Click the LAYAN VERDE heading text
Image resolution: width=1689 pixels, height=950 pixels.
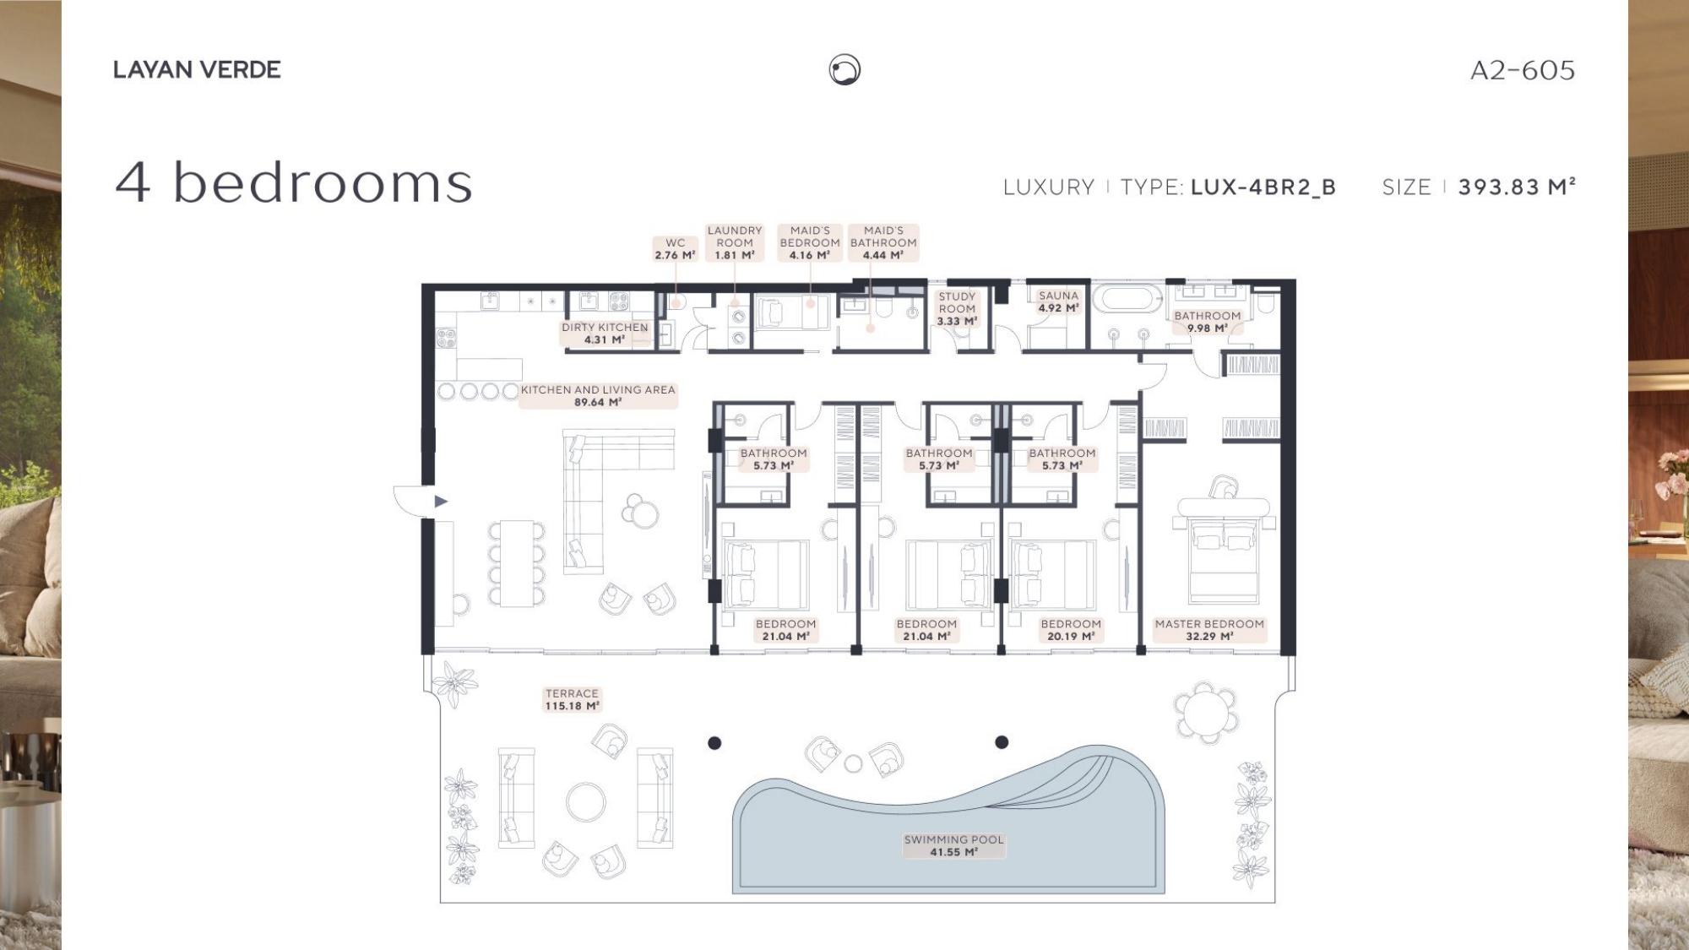(197, 69)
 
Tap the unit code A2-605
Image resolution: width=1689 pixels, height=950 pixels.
(1523, 70)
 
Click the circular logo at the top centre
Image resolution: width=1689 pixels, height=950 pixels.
(844, 69)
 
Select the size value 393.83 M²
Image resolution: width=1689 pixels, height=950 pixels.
(1517, 187)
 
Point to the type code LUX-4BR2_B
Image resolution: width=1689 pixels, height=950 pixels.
(1263, 187)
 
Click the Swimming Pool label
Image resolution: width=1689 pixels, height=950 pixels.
(954, 846)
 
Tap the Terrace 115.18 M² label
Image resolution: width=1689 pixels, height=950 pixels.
(572, 700)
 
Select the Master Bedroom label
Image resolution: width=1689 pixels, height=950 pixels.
(1209, 630)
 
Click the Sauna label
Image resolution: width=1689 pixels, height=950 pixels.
(1058, 301)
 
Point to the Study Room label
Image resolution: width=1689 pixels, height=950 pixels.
(957, 309)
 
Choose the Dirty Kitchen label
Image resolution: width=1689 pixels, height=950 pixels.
(605, 334)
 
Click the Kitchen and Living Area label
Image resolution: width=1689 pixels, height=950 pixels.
(598, 396)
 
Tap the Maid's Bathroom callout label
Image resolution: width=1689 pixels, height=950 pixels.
(883, 242)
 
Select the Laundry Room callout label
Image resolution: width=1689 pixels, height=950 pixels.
(735, 242)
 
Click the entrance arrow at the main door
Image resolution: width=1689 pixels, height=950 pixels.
(440, 502)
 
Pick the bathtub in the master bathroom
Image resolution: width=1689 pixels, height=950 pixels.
(1128, 300)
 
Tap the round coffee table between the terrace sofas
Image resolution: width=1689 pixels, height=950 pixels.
(585, 801)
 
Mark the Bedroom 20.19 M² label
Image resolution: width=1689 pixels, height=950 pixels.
(1071, 630)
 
